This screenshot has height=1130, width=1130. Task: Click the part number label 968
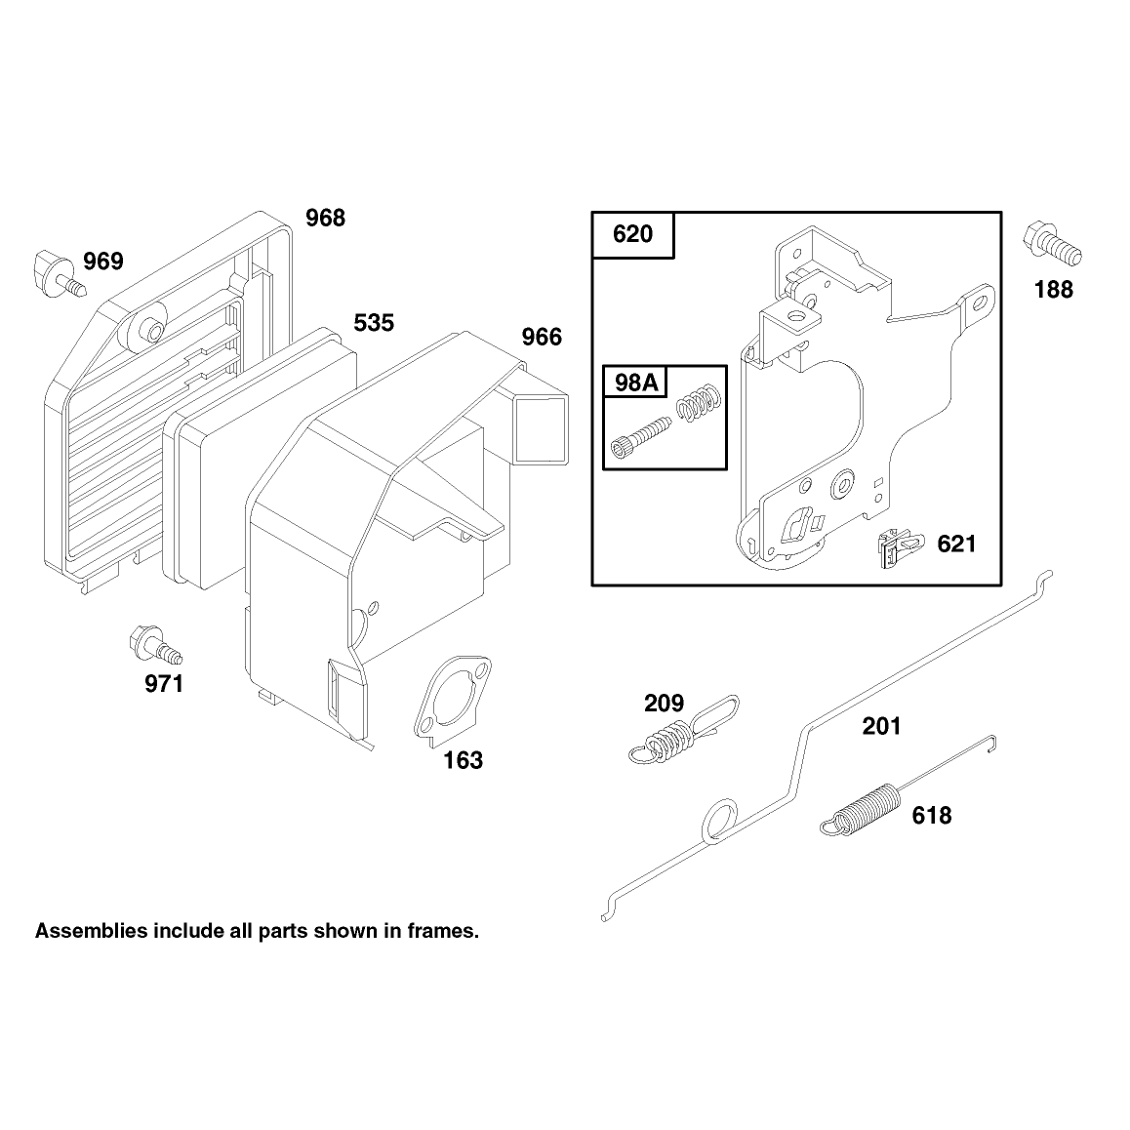325,218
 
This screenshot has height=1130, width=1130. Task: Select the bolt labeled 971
155,645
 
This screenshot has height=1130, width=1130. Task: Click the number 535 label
374,323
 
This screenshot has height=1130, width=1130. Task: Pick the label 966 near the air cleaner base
542,337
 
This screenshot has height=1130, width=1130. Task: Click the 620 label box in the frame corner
632,234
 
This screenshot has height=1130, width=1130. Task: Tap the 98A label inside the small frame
636,382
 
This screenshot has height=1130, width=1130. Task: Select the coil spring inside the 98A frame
699,401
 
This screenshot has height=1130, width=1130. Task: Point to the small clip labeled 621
899,547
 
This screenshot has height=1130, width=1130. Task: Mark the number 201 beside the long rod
881,726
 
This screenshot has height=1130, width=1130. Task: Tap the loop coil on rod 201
719,820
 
